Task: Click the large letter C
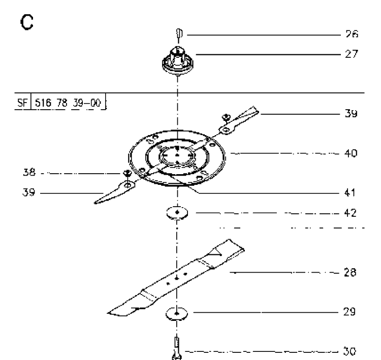pos(27,22)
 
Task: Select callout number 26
pos(352,34)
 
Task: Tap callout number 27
pos(352,54)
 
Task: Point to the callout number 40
pos(351,153)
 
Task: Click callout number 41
pos(350,192)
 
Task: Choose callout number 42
pos(351,213)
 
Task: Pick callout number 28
pos(350,272)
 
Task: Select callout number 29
pos(350,312)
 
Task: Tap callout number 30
pos(350,351)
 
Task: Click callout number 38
pos(29,173)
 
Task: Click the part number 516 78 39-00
pos(68,103)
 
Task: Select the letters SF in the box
pos(22,103)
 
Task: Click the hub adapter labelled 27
pos(178,60)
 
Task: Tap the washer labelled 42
pos(177,213)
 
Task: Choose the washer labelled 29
pos(177,313)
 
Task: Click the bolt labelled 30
pos(177,348)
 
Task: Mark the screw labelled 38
pos(127,173)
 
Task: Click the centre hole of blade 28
pos(177,278)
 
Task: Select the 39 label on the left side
pos(28,192)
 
